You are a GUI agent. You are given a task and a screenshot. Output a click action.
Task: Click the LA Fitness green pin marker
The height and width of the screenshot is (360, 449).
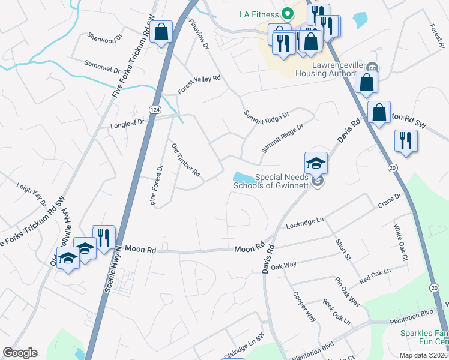coord(287,13)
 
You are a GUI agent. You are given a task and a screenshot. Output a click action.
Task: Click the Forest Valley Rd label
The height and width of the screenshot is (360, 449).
coord(199,85)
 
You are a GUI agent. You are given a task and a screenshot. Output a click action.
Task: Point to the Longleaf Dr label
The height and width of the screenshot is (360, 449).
coord(128,124)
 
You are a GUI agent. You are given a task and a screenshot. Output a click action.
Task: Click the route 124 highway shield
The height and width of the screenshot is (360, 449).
coord(155,109)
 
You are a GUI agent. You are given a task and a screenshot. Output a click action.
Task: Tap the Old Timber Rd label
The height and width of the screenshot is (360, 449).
coord(185,160)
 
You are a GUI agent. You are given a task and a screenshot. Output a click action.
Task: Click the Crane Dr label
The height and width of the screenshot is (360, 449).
coord(390,202)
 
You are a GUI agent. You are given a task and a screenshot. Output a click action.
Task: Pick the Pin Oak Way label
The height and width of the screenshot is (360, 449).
coord(348,292)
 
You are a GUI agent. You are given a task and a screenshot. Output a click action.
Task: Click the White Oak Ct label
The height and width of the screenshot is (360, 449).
coord(400,242)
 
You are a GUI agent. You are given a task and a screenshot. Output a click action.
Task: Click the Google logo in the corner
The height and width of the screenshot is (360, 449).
coord(20,353)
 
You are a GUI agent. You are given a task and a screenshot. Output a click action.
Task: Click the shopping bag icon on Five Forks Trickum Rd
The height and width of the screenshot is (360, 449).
coord(161,32)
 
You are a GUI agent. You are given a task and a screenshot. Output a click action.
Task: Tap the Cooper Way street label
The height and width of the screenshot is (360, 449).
coord(304,306)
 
